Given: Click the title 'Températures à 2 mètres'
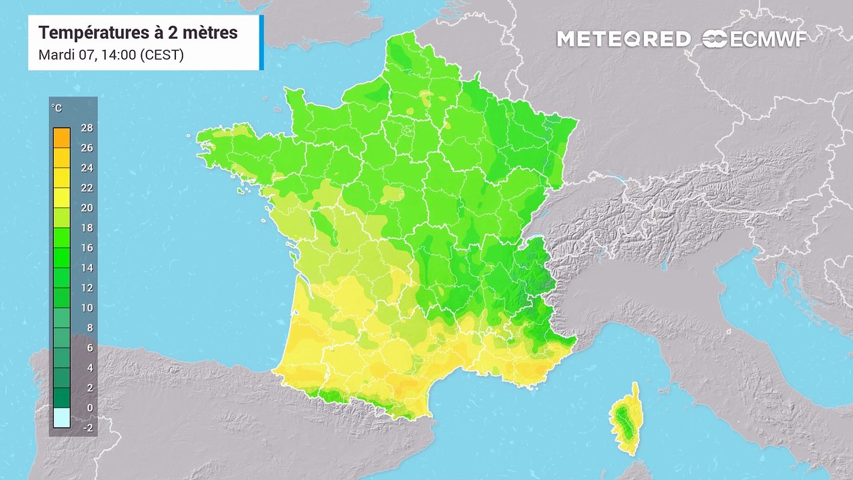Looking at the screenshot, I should point(138,33).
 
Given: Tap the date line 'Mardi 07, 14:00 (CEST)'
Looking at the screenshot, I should point(111,55).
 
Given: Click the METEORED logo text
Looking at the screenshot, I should point(624,39).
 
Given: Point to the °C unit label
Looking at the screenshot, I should point(57,108).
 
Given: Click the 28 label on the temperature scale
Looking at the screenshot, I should point(87,128).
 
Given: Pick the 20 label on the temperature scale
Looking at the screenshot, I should point(87,208).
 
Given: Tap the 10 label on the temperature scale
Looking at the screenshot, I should point(87,308).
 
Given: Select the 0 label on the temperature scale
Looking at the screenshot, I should point(89,408).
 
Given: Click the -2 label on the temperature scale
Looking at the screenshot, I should point(87,428).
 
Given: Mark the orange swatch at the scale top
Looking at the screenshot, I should point(61,137).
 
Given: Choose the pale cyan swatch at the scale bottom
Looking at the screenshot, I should point(61,418).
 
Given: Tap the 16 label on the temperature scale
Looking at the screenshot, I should point(87,248).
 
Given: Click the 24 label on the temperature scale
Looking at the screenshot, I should point(87,168).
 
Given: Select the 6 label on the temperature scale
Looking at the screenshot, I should point(89,348).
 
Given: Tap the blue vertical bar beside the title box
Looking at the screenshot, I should point(261,43).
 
